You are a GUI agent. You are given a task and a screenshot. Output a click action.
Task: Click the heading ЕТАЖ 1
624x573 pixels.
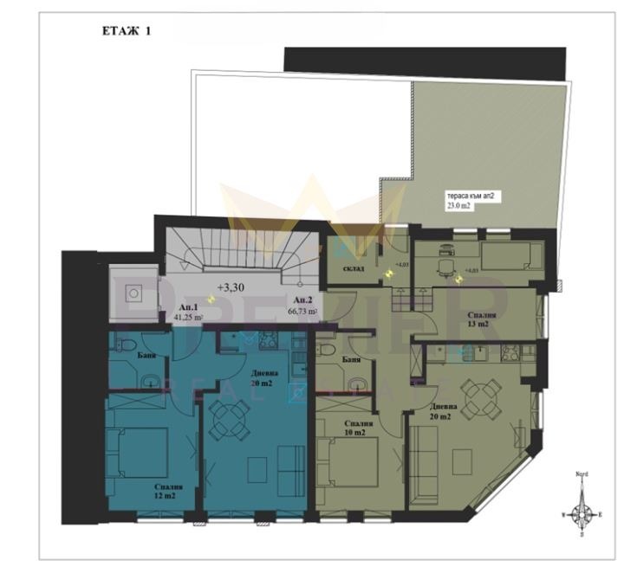[x=127, y=33]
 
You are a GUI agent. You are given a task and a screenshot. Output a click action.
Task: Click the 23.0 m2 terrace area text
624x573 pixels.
[x=460, y=208]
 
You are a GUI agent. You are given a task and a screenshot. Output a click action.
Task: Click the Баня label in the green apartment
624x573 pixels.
[x=351, y=360]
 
